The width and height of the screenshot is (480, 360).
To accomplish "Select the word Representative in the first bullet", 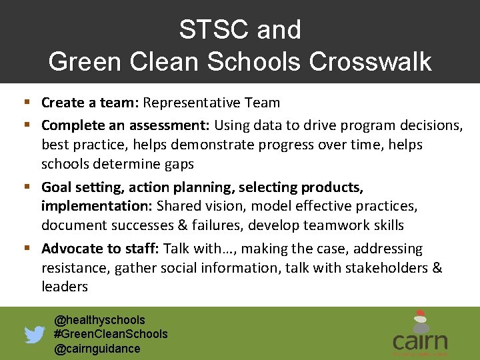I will point(187,103).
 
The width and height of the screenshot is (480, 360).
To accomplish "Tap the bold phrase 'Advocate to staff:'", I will point(100,249).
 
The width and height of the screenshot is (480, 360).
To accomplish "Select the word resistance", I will point(75,268).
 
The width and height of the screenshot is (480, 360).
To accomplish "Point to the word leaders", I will point(65,287).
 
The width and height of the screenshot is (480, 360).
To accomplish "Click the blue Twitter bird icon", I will point(35,335).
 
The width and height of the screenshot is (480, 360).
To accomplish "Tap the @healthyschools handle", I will point(99,320).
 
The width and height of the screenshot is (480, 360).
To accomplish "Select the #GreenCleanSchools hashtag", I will point(111,334).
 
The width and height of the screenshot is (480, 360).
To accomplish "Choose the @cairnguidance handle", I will point(97,349).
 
